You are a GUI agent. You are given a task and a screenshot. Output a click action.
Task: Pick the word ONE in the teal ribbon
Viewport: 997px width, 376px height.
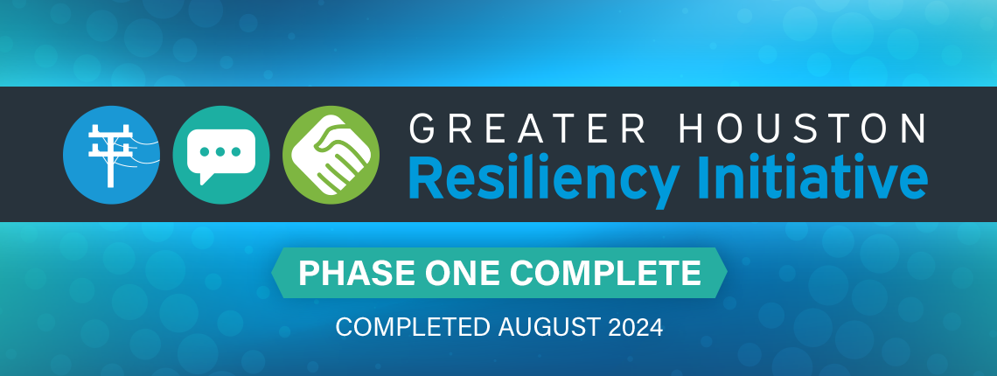tap(463, 273)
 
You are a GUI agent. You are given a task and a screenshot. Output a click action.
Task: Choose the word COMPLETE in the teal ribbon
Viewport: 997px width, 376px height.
tap(605, 273)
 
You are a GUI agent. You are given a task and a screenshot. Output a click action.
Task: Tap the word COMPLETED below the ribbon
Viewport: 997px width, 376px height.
tap(413, 327)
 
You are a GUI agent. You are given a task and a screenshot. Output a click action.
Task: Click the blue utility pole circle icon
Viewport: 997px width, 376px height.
tap(111, 155)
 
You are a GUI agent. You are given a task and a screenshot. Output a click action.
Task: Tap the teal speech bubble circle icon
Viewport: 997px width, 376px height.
tap(221, 155)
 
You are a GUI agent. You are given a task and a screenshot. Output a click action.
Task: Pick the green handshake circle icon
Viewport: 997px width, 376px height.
tap(331, 155)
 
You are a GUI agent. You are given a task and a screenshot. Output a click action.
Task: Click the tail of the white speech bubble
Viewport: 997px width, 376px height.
tap(204, 178)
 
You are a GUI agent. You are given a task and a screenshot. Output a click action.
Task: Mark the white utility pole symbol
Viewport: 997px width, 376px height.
tap(110, 156)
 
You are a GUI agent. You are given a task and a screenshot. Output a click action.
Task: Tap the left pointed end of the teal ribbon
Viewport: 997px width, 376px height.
tap(272, 273)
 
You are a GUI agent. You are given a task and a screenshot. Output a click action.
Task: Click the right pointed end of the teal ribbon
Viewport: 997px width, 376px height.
tap(726, 273)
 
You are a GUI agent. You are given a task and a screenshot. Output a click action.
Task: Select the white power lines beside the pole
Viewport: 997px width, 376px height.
tap(144, 153)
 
